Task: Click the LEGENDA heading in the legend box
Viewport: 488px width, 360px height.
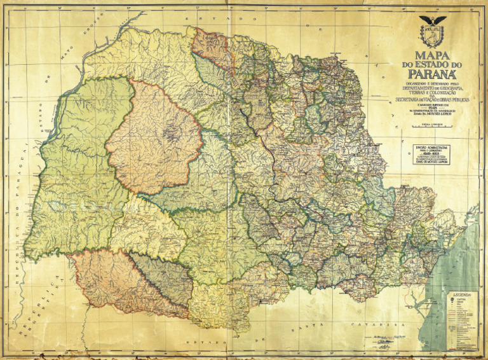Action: (461, 297)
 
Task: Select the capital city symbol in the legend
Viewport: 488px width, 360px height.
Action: (452, 302)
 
